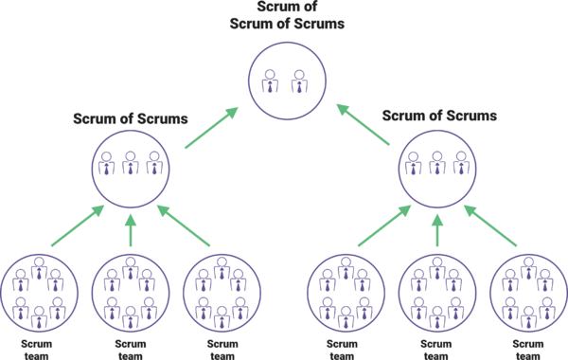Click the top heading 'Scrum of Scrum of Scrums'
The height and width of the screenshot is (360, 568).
point(287,15)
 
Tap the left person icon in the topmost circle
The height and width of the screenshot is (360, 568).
point(270,81)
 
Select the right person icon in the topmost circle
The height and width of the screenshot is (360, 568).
point(299,81)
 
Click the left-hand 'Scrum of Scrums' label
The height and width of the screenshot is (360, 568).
point(131,119)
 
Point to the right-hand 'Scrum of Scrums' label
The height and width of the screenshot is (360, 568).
point(439,116)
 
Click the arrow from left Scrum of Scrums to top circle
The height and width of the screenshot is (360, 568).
point(211,128)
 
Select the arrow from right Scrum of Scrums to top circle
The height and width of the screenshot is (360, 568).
point(363,125)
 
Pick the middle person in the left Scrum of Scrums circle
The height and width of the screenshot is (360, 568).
point(131,163)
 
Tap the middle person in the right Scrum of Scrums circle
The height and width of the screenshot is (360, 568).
point(437,163)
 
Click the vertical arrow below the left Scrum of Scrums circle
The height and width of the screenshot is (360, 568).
point(131,230)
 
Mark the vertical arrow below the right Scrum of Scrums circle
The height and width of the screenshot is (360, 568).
point(437,230)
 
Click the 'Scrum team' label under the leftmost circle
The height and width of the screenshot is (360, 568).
point(36,350)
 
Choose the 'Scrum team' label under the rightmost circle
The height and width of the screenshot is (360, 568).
point(528,350)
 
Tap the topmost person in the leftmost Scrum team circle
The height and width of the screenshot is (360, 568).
point(39,268)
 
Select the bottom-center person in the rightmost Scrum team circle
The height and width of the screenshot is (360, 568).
point(528,317)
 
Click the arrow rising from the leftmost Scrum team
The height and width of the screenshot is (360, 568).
point(78,225)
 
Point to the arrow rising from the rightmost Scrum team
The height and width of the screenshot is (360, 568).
point(490,225)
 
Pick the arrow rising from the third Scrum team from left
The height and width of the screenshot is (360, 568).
point(184,225)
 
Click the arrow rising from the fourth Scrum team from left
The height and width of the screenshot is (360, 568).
point(384,225)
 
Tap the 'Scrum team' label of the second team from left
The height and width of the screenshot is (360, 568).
point(131,350)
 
